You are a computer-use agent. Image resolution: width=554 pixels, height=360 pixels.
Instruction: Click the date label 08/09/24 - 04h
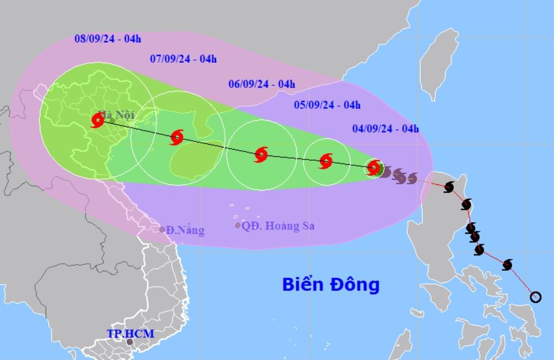tap(108, 39)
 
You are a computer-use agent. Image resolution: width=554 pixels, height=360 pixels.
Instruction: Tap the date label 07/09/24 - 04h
tap(183, 59)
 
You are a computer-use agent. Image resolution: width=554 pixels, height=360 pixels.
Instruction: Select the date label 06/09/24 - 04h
tap(261, 84)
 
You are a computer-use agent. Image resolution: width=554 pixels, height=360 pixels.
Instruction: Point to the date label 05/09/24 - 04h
tap(327, 105)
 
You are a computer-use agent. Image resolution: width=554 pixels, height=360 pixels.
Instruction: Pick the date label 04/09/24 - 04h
tap(386, 129)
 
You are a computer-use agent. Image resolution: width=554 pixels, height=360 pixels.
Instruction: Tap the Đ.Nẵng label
tap(185, 230)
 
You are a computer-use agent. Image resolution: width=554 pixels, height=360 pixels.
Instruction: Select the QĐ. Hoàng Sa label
tap(278, 226)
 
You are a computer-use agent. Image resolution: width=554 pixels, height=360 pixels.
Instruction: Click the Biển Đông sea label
tap(331, 285)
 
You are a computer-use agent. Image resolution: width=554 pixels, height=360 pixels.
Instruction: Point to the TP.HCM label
tap(131, 334)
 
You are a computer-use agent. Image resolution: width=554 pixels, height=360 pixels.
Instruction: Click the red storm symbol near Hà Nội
tap(97, 120)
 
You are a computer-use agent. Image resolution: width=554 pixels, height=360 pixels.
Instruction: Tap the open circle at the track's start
tap(536, 297)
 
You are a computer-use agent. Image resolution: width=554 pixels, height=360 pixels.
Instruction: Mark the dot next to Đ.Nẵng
tap(162, 229)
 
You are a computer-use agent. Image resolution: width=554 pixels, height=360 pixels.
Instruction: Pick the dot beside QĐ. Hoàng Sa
tap(237, 225)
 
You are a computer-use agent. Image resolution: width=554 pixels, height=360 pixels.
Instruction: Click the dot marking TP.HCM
tap(130, 342)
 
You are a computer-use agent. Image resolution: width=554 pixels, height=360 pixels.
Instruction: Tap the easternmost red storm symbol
tap(374, 168)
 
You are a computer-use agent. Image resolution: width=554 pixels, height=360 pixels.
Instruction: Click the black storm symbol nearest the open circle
tap(507, 264)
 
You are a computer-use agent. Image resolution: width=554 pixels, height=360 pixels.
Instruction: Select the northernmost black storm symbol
tap(449, 187)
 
